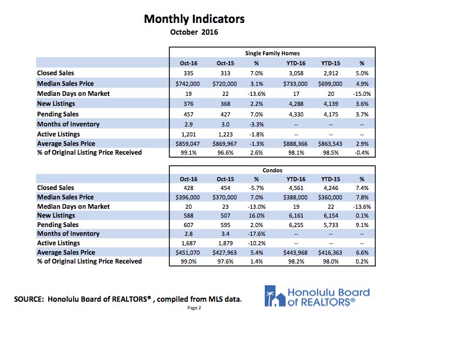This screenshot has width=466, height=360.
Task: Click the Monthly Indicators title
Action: coord(194,19)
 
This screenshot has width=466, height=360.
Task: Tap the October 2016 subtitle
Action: coord(194,32)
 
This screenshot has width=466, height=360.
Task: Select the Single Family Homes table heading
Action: coord(272,54)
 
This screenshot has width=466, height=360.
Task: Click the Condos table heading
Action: coord(272,170)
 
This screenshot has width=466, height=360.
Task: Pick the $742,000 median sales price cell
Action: coord(188,84)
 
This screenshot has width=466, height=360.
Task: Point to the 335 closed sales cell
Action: coord(188,74)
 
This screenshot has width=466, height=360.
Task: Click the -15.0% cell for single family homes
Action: coord(362,94)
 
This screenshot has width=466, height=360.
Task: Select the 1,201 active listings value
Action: coord(188,135)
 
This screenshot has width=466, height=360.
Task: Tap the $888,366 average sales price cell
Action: coord(295,144)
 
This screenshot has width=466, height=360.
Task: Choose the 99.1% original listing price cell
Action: coord(188,153)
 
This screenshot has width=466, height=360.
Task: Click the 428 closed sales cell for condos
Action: coord(188,188)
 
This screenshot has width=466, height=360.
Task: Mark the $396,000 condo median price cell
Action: coord(188,198)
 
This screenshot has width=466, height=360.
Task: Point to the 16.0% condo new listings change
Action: coord(257,216)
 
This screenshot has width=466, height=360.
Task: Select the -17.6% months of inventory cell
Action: coord(257,234)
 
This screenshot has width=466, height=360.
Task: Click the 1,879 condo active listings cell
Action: coord(225,244)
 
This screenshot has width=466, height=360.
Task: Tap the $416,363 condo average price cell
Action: coord(330,253)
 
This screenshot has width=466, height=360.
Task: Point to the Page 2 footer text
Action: coord(194,308)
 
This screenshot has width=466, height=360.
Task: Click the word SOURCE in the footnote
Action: coord(28,299)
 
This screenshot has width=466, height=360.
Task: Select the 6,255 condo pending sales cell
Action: coord(296,225)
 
